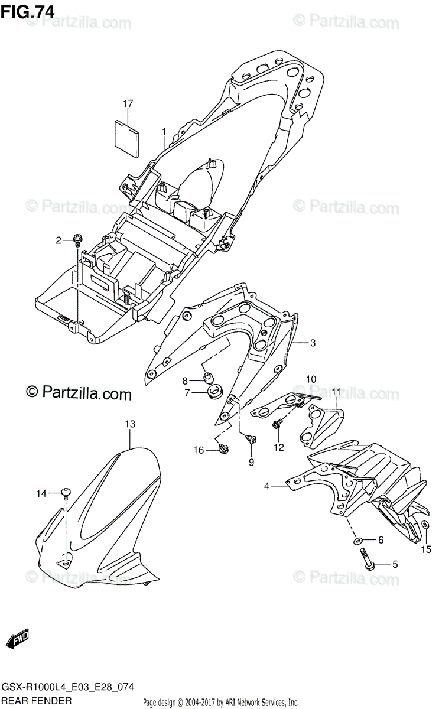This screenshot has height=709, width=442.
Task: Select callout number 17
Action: [128, 104]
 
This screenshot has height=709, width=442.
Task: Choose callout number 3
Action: [313, 343]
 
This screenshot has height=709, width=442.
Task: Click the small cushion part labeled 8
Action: [207, 378]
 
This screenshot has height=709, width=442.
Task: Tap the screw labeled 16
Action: [223, 450]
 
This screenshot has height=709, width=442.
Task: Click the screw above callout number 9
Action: [250, 438]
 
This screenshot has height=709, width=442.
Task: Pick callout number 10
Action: [311, 379]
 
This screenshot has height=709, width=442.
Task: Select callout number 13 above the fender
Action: [130, 424]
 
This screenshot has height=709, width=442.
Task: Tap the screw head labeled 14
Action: [66, 492]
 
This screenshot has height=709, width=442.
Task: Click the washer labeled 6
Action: [358, 540]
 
